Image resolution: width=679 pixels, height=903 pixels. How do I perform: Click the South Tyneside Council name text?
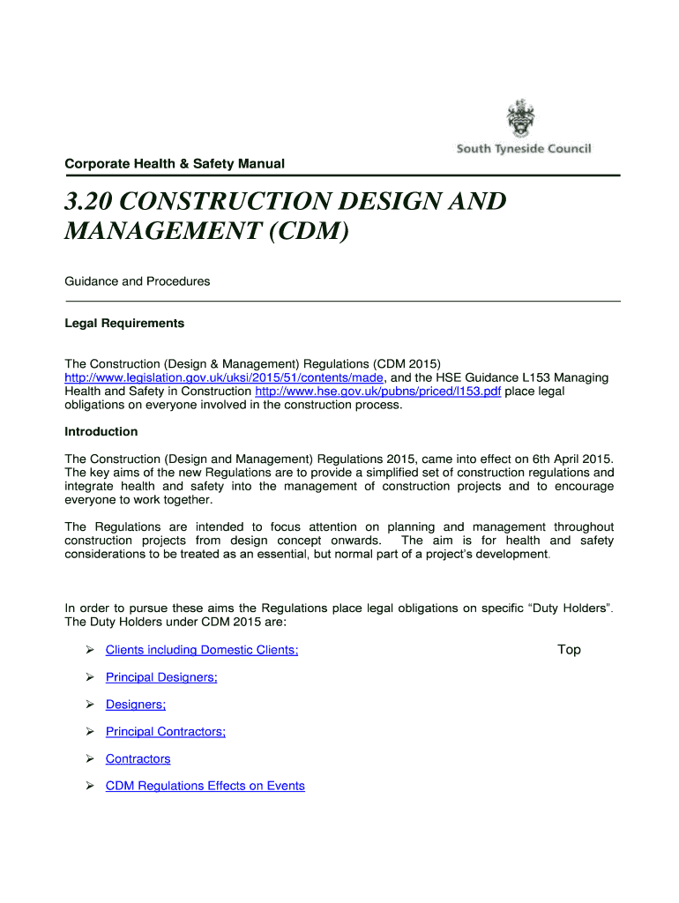pyautogui.click(x=524, y=149)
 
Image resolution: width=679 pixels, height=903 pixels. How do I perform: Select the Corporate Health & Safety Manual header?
pyautogui.click(x=174, y=163)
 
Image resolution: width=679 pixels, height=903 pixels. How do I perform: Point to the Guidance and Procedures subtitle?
pyautogui.click(x=138, y=281)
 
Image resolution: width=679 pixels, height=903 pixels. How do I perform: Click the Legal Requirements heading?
pyautogui.click(x=124, y=324)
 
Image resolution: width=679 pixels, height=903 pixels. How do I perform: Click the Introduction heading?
pyautogui.click(x=101, y=432)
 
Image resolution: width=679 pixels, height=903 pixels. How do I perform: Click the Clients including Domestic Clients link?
pyautogui.click(x=202, y=651)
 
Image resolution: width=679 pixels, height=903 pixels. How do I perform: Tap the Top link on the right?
pyautogui.click(x=569, y=650)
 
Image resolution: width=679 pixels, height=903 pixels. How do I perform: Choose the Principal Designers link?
pyautogui.click(x=161, y=678)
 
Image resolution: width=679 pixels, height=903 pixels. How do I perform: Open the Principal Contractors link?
pyautogui.click(x=166, y=732)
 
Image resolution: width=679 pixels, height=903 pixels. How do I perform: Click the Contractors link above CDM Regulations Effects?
pyautogui.click(x=138, y=759)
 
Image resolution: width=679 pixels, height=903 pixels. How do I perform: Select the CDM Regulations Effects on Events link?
pyautogui.click(x=205, y=786)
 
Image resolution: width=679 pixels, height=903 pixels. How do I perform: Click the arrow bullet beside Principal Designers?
pyautogui.click(x=90, y=678)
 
